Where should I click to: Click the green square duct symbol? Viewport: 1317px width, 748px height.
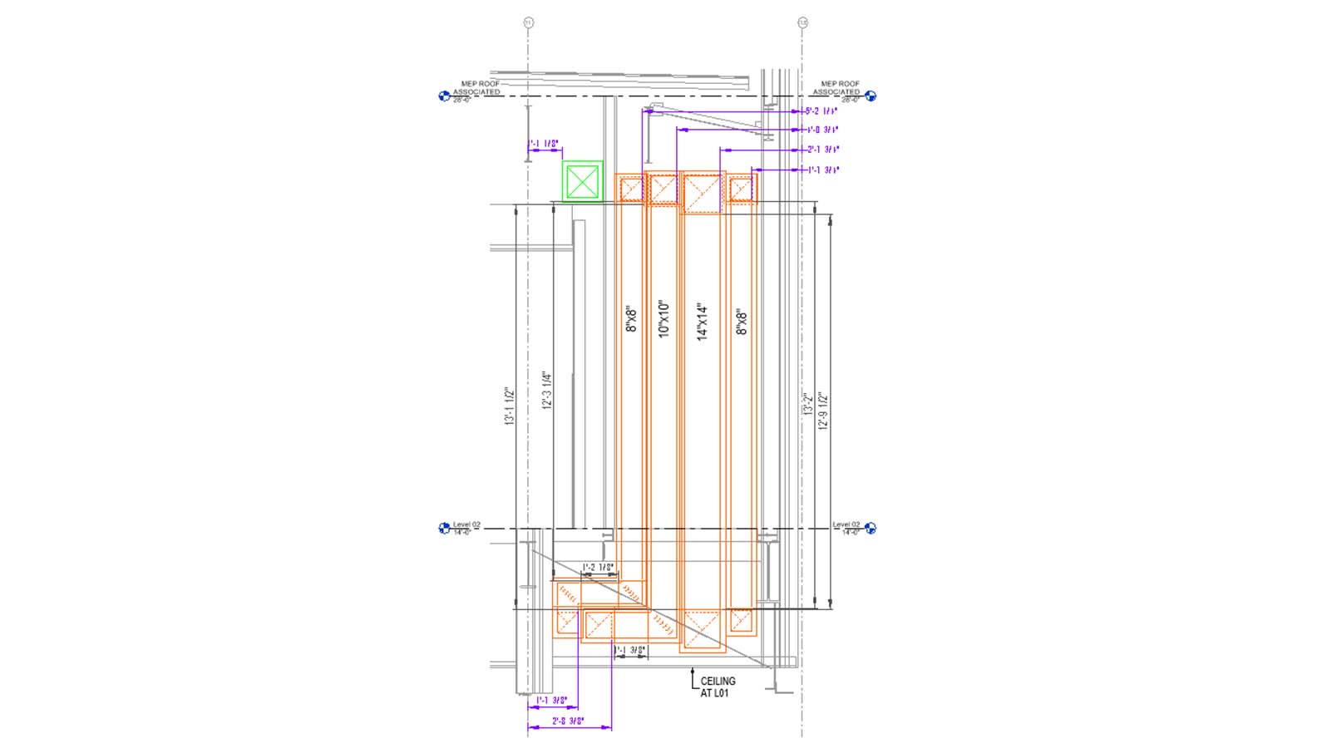tap(582, 181)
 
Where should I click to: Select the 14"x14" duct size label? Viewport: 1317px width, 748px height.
tap(703, 322)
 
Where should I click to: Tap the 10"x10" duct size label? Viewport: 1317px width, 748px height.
tap(663, 318)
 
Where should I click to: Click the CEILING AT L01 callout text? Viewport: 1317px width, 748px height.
tap(718, 686)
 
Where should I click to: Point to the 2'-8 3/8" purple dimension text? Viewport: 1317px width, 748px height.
tap(569, 721)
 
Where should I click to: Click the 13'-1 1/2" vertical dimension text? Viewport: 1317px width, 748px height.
tap(510, 407)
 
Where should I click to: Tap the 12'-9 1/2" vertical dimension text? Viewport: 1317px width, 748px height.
tap(823, 411)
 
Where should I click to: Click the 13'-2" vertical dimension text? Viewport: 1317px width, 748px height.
tap(807, 402)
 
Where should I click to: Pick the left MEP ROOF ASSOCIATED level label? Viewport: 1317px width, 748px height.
tap(477, 88)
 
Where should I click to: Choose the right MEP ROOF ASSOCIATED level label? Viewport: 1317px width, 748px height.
tap(839, 88)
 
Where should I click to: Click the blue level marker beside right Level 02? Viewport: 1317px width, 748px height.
tap(871, 528)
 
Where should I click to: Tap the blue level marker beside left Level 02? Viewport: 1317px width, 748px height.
tap(444, 528)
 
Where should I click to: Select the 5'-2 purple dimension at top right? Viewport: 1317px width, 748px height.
tap(821, 111)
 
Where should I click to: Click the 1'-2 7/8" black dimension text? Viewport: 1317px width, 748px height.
tap(599, 568)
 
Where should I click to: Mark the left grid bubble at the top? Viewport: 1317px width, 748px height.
tap(528, 22)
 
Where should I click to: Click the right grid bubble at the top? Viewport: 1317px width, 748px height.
tap(802, 22)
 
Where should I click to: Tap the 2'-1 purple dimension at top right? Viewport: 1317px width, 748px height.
tap(823, 150)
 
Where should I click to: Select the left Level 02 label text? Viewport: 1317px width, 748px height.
tap(466, 525)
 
